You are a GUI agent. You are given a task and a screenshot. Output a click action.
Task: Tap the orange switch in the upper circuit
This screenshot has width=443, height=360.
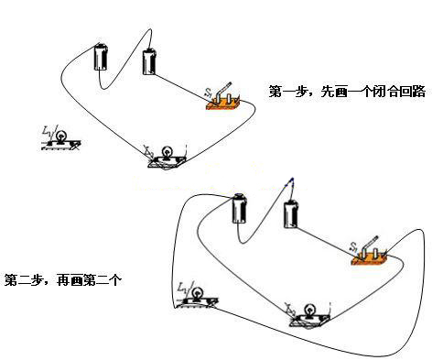pyautogui.click(x=224, y=102)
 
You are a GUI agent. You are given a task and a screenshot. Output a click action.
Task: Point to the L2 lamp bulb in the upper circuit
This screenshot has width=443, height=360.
pyautogui.click(x=167, y=152)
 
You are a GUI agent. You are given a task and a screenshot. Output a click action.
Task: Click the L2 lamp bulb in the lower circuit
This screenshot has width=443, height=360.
pyautogui.click(x=309, y=310)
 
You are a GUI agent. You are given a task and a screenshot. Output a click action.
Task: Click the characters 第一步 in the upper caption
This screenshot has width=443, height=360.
pyautogui.click(x=287, y=93)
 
